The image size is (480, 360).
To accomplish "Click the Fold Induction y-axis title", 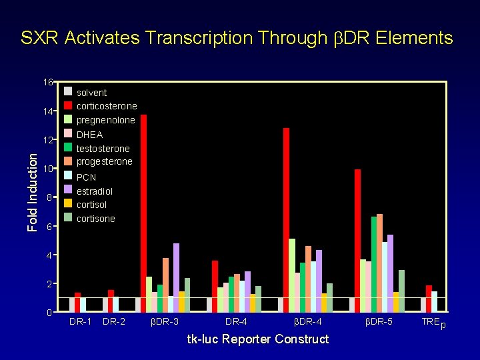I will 33,191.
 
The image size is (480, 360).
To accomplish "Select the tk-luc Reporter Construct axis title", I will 257,339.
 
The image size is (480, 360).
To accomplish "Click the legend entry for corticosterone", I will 107,106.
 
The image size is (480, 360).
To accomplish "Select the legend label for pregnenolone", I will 105,120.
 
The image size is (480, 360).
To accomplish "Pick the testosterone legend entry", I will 103,148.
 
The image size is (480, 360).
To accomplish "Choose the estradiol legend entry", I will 94,191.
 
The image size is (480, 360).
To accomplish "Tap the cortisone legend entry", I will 95,219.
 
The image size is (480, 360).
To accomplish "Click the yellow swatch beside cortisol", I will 67,204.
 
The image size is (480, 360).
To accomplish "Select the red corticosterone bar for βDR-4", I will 286,220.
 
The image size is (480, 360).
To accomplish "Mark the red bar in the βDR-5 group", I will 357,240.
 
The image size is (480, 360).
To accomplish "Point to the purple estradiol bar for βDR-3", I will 176,277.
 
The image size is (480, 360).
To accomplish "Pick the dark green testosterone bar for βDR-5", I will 374,264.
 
